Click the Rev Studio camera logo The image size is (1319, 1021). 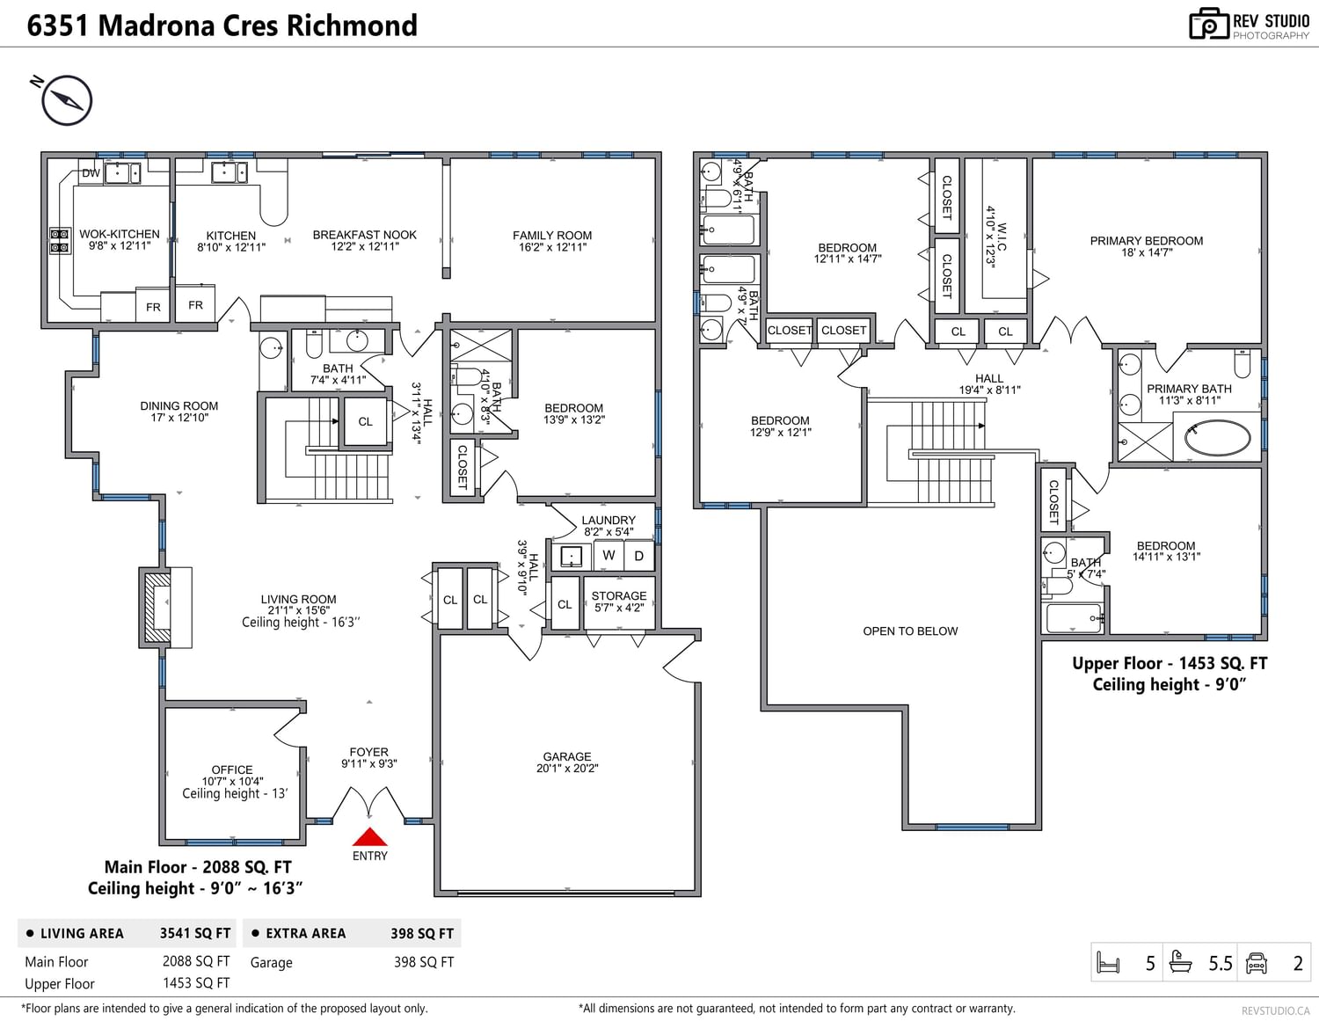coord(1208,25)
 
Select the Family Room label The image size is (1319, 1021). coord(551,236)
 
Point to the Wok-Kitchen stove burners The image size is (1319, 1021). coord(60,240)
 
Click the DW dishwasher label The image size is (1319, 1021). coord(91,173)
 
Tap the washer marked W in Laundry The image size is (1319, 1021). coord(608,555)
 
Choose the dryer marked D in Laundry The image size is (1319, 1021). coord(639,556)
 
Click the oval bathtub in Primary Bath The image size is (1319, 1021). coord(1217,438)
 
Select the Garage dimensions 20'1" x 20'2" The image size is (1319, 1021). coord(567,769)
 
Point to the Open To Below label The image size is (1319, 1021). coord(910,631)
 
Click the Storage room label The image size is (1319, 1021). coord(619,596)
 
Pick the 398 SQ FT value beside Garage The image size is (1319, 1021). coord(424,962)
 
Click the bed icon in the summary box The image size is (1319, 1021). coord(1108,963)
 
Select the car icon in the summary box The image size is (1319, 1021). coord(1257,963)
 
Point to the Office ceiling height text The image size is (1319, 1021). coord(235,793)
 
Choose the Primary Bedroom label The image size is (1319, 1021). coord(1146,241)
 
